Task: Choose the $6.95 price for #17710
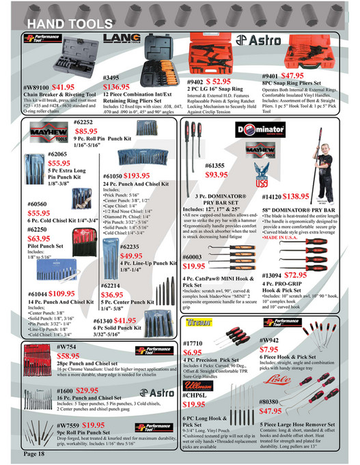click(x=197, y=353)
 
